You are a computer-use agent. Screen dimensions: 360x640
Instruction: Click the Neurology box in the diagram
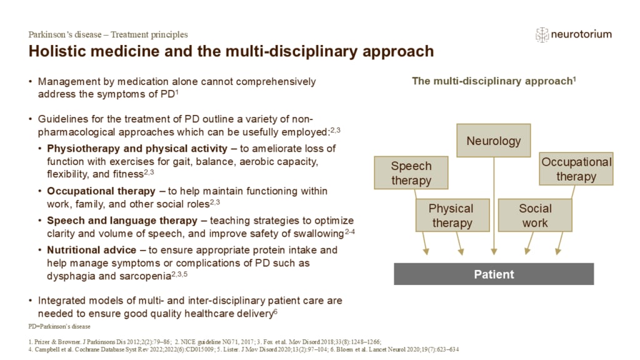(x=493, y=141)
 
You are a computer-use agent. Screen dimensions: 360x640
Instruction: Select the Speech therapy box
(x=411, y=173)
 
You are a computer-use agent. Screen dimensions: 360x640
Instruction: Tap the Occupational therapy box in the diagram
(x=576, y=169)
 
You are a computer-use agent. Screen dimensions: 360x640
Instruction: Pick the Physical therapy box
(x=451, y=215)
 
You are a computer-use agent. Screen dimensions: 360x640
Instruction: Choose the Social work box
(x=535, y=215)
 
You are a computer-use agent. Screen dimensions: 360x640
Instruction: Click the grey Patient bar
(x=493, y=274)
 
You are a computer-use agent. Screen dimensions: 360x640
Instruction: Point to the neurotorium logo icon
(x=542, y=34)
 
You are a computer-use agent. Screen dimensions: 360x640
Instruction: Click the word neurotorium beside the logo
(x=582, y=34)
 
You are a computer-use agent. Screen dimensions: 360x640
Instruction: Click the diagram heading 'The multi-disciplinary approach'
(x=492, y=81)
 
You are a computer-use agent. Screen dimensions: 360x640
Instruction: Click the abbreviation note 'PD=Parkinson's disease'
(x=59, y=326)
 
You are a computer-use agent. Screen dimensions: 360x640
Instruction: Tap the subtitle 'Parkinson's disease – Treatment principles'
(x=108, y=34)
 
